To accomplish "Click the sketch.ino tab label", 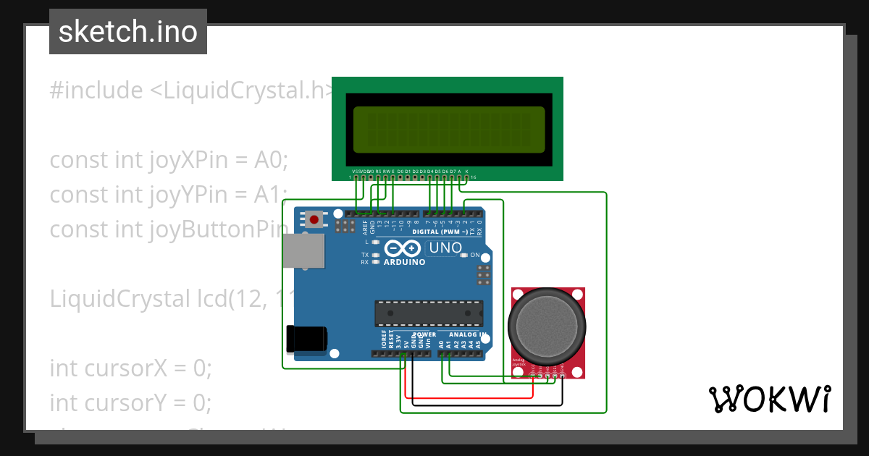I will click(127, 32).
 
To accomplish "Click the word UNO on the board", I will click(445, 248).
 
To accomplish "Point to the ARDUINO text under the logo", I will click(405, 262).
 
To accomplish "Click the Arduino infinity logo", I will click(403, 248).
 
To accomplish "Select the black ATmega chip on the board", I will click(429, 313).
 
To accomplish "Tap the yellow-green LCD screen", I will click(448, 130).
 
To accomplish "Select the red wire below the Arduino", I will click(471, 397).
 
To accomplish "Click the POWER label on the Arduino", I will click(424, 334).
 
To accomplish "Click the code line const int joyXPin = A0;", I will click(168, 160).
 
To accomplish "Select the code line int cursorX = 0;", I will click(130, 368).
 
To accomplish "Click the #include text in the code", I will click(96, 91).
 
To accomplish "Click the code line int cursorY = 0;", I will click(130, 402).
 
